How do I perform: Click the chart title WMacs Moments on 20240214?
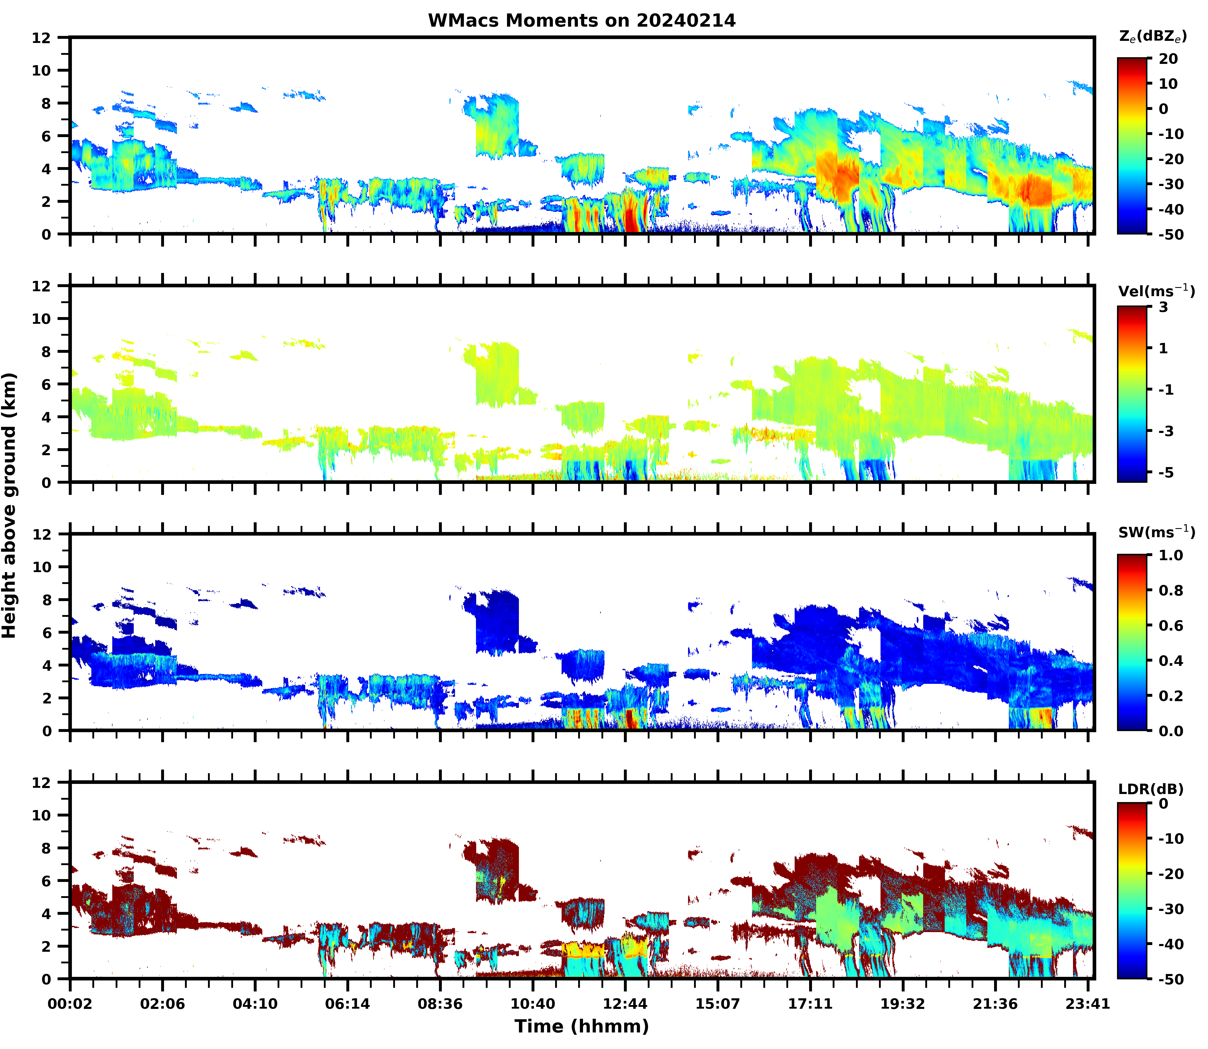click(581, 20)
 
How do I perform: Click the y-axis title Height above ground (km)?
click(9, 505)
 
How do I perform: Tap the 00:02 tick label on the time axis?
click(70, 1004)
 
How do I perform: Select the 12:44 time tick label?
click(625, 1004)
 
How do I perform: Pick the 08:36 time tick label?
click(440, 1004)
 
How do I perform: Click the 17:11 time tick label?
click(810, 1004)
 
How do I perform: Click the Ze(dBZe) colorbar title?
click(1152, 36)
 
